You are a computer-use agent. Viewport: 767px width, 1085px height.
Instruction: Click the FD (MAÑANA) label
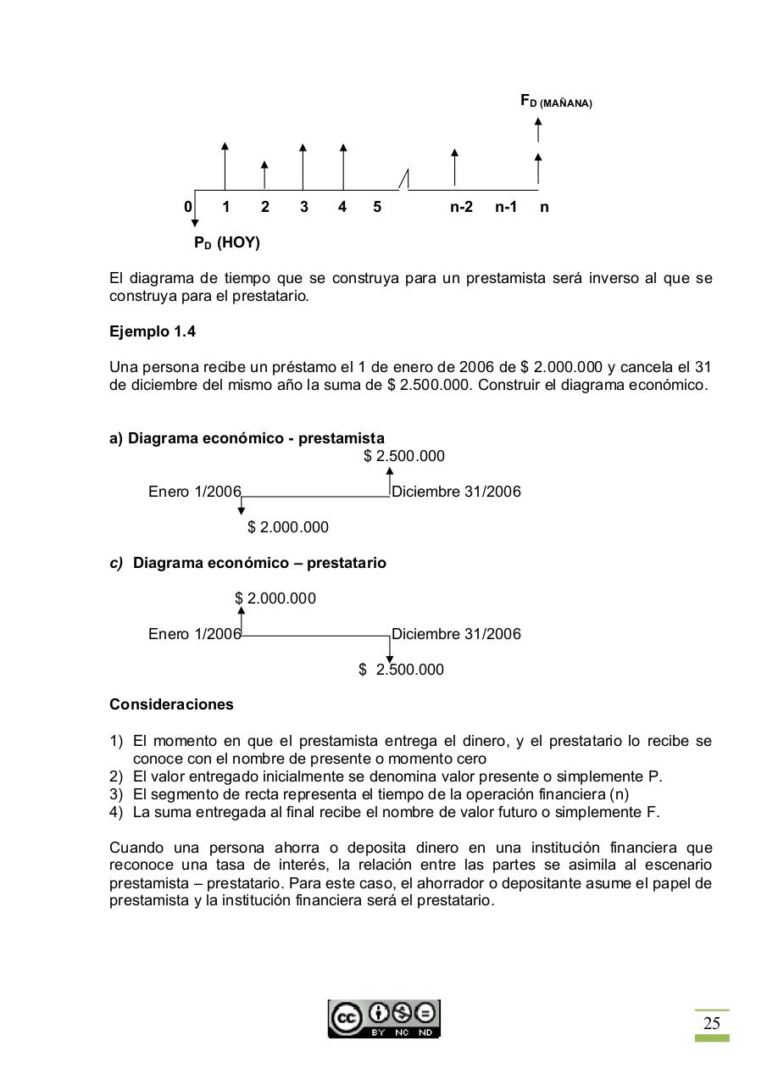pos(556,102)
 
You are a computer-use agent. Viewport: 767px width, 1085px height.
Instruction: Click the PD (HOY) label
pos(226,243)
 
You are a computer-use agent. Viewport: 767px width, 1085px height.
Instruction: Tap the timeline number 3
pos(303,207)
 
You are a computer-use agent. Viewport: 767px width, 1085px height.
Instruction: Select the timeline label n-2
pos(461,207)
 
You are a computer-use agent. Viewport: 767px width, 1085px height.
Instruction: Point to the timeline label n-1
pos(506,207)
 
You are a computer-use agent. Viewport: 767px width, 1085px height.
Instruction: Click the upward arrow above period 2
pos(264,175)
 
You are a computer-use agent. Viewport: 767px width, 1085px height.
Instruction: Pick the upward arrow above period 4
pos(342,166)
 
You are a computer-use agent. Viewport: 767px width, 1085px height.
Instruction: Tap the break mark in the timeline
pos(404,180)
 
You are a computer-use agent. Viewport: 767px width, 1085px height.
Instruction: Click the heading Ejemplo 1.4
pos(153,331)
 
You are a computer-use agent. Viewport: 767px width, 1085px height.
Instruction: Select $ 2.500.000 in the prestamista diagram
pos(404,456)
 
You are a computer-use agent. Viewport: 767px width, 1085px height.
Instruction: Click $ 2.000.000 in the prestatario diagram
pos(275,598)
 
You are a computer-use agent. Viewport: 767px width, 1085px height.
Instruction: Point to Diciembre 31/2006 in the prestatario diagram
pos(456,634)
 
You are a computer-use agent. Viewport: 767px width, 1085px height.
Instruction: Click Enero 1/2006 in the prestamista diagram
pos(194,492)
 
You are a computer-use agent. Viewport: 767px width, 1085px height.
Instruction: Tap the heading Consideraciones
pos(171,704)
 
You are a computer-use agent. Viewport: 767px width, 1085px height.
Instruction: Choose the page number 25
pos(712,1023)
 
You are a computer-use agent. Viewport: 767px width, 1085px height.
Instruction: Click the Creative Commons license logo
pos(384,1018)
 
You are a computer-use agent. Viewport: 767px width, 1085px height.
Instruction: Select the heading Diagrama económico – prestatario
pos(259,563)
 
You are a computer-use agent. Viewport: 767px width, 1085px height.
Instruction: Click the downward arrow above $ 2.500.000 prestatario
pos(390,648)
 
